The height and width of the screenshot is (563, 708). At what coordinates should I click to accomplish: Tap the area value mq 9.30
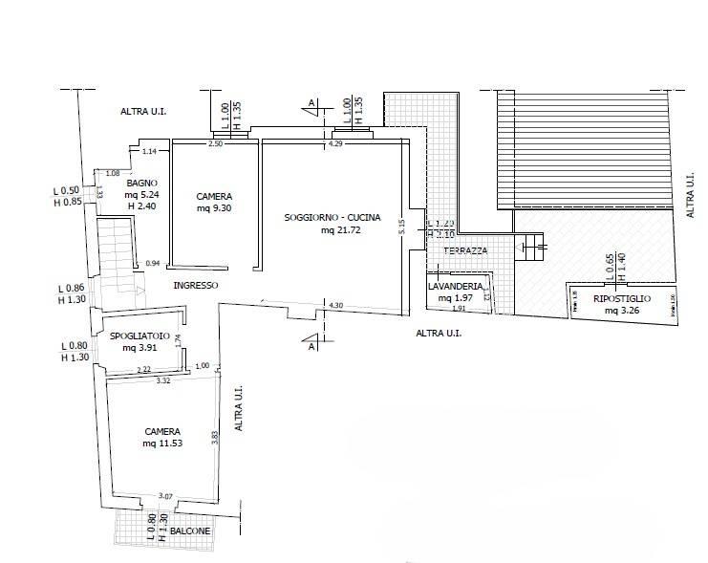click(x=215, y=207)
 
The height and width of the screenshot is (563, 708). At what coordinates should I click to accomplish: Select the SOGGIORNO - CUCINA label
click(x=332, y=218)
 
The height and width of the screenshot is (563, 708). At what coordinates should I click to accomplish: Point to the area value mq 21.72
click(x=340, y=230)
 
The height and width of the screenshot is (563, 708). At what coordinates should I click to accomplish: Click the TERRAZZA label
click(x=465, y=250)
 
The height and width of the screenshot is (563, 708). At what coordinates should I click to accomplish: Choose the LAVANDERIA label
click(x=461, y=287)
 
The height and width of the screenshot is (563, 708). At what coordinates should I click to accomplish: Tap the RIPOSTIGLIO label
click(x=622, y=299)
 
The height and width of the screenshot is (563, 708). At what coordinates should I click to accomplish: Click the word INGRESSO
click(x=196, y=285)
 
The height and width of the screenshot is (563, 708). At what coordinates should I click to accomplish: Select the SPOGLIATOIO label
click(x=139, y=336)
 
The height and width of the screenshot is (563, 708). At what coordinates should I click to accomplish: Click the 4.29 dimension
click(x=335, y=143)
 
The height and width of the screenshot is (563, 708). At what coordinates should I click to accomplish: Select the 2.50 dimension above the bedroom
click(x=215, y=143)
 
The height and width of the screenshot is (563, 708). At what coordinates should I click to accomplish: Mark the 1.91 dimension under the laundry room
click(x=458, y=309)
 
